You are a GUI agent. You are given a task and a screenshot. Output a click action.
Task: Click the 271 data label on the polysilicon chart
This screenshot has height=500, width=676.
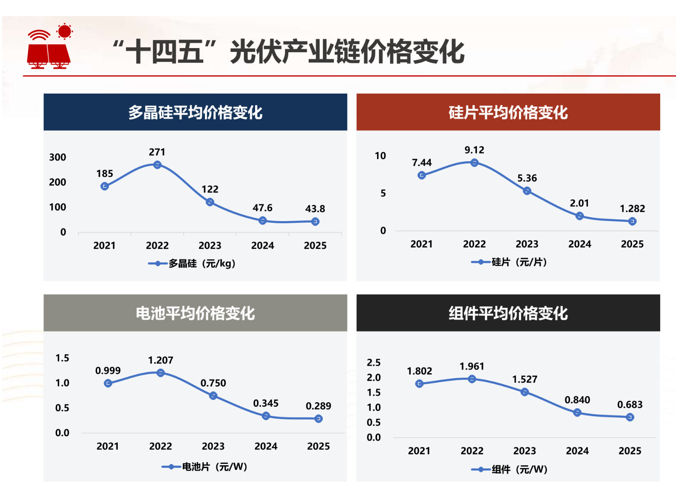click(157, 152)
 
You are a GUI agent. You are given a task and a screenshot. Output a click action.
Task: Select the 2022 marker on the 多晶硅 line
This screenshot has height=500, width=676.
click(157, 165)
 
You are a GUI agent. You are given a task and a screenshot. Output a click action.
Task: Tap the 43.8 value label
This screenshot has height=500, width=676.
click(315, 209)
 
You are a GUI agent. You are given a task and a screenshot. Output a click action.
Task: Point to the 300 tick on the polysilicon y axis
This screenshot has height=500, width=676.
click(57, 157)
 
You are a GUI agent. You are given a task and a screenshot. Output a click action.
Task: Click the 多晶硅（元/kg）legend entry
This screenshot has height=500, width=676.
click(192, 264)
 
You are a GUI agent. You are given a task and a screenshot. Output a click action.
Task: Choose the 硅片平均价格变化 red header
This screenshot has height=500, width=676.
click(508, 112)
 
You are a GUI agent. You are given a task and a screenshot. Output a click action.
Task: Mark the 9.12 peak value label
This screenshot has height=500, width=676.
click(474, 150)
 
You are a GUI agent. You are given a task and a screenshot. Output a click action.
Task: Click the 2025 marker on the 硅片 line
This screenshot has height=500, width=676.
click(632, 221)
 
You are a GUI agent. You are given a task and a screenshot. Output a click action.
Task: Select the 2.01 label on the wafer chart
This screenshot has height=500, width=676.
click(579, 203)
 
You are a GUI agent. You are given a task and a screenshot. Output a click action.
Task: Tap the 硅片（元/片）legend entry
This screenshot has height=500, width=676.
click(509, 262)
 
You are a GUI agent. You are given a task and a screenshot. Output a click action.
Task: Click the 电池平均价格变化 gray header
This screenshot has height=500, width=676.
click(195, 313)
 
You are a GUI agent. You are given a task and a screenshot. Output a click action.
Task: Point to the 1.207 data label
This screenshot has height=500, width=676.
click(160, 361)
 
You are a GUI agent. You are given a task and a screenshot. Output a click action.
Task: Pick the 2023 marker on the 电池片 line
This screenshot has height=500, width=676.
click(213, 396)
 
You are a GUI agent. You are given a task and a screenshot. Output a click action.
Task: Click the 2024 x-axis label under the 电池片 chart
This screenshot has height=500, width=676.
click(266, 446)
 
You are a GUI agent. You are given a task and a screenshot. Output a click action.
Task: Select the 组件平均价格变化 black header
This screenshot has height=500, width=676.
click(508, 313)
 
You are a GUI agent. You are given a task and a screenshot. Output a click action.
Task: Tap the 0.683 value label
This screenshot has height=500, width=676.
click(630, 405)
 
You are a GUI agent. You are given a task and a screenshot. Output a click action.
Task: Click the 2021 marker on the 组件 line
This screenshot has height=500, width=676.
click(419, 384)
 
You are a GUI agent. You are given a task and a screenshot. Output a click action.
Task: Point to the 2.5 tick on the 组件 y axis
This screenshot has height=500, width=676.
click(374, 363)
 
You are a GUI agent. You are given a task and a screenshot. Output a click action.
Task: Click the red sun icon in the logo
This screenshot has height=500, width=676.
click(64, 31)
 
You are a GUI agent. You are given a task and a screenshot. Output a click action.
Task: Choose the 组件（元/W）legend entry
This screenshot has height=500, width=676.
click(509, 469)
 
